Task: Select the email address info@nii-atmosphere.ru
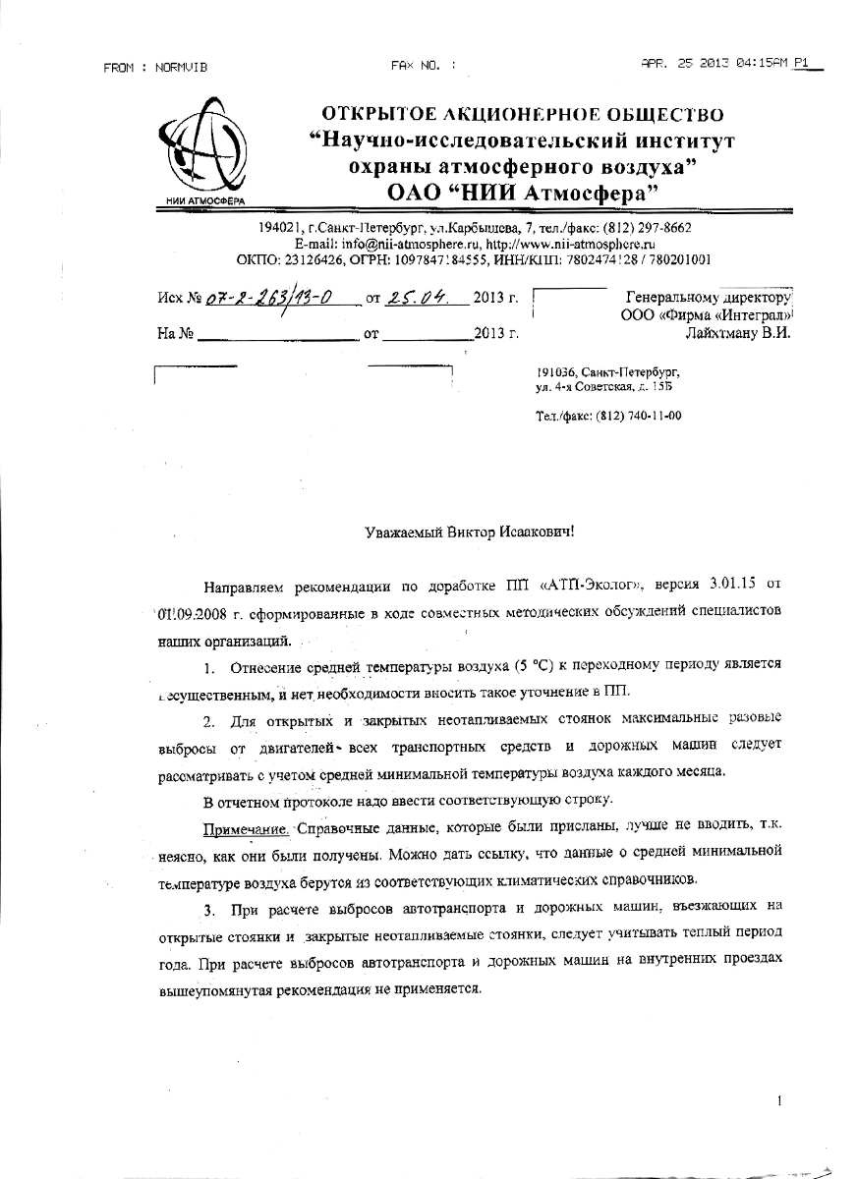(390, 244)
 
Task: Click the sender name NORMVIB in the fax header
(181, 67)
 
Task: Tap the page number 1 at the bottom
(778, 1102)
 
